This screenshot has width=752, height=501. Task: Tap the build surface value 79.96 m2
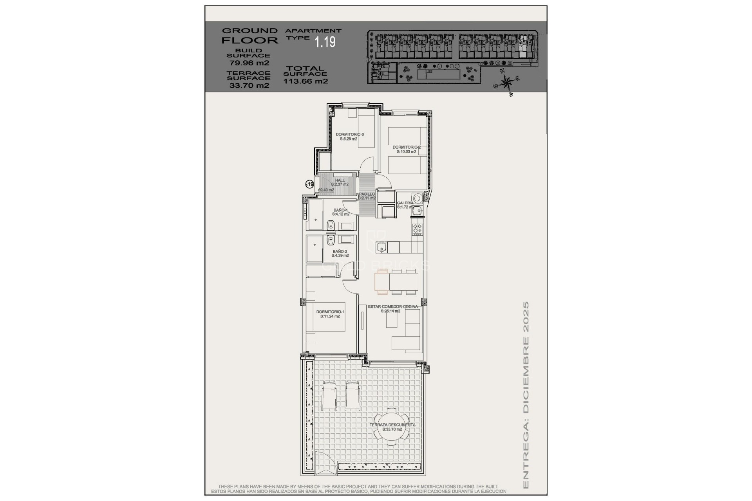249,63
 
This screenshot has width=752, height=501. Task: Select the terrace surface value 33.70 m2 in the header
249,85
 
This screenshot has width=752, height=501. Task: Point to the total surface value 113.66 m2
305,81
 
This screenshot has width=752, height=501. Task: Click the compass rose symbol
507,83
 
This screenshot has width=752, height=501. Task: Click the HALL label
340,180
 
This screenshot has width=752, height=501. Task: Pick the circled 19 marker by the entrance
309,184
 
